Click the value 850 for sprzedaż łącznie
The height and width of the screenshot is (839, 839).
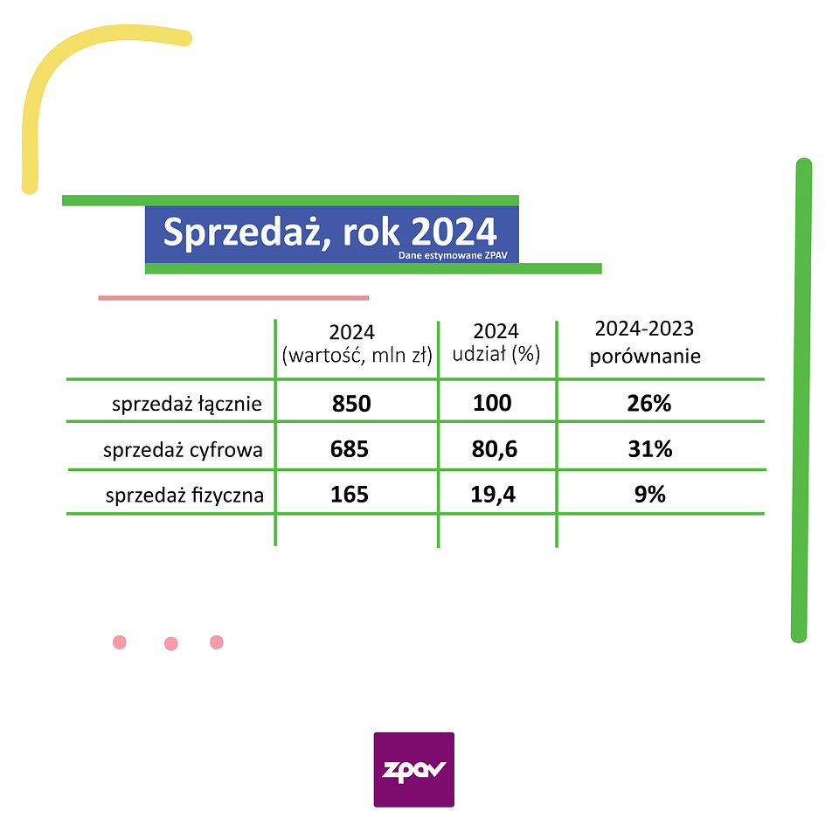[351, 405]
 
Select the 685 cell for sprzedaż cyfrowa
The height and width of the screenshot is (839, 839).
[350, 449]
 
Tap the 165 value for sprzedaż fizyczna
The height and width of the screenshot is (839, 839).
[350, 495]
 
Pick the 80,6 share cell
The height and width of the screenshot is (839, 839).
[495, 449]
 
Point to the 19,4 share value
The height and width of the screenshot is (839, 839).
[495, 495]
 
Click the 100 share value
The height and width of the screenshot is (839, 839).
[492, 405]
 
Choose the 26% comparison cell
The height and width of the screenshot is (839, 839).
[649, 405]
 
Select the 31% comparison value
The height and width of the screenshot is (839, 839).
[649, 449]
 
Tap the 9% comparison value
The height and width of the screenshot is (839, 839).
[649, 495]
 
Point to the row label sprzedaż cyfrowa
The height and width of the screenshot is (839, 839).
[184, 451]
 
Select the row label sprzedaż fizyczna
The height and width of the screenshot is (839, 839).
[184, 496]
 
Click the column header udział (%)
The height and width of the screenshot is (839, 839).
[496, 355]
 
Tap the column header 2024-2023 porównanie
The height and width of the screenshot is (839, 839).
[645, 343]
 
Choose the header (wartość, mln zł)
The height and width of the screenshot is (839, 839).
[357, 356]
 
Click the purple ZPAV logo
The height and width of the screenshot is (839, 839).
[413, 769]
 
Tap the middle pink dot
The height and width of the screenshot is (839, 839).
[171, 644]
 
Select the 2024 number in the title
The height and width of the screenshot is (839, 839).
[454, 232]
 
